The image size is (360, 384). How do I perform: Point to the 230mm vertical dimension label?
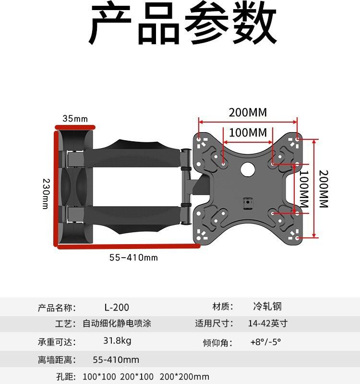46,193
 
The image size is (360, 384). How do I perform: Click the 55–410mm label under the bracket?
133,258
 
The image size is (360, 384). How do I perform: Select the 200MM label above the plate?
247,113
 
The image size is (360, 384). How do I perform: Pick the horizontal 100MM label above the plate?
247,133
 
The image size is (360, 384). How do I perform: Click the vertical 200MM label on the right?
323,188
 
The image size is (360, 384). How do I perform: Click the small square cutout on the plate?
247,203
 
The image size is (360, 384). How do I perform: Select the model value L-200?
117,307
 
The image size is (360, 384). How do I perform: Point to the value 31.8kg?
117,341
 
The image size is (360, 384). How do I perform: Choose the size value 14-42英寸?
267,323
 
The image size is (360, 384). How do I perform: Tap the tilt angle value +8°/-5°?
265,342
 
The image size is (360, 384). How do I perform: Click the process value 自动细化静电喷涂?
117,324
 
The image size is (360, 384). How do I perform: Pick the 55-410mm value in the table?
116,359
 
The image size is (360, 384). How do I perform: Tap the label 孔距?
66,377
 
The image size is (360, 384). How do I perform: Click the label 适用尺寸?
214,324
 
